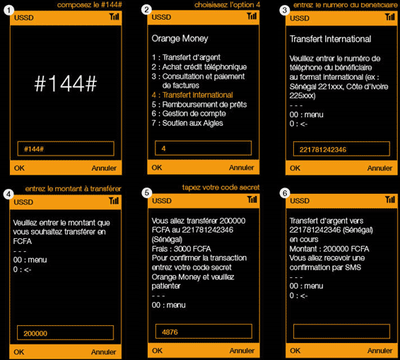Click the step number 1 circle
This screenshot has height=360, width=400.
tap(9, 11)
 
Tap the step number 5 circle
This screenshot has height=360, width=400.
tap(147, 193)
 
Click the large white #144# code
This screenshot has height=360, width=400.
tap(66, 83)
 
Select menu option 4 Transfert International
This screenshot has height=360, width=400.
tap(192, 95)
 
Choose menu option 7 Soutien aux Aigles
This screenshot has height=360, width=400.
tap(187, 123)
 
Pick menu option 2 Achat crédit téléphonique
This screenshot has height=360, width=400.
tap(199, 67)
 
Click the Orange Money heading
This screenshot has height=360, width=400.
tap(180, 39)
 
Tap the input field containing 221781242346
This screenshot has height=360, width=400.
tap(341, 149)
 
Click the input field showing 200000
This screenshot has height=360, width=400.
tap(65, 332)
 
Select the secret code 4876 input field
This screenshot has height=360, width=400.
tap(204, 332)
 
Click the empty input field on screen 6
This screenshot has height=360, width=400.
tap(341, 332)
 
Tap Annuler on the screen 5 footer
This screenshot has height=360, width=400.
tap(242, 351)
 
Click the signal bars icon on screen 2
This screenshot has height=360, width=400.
tap(252, 16)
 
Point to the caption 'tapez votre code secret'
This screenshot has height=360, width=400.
tap(220, 187)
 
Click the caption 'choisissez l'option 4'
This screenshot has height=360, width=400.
tap(228, 5)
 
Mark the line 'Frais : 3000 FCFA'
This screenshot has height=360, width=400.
tap(182, 249)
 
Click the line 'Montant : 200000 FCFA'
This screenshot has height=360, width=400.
tap(329, 249)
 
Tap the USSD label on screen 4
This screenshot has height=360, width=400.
tap(23, 202)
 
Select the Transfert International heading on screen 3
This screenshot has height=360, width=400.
tap(330, 39)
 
